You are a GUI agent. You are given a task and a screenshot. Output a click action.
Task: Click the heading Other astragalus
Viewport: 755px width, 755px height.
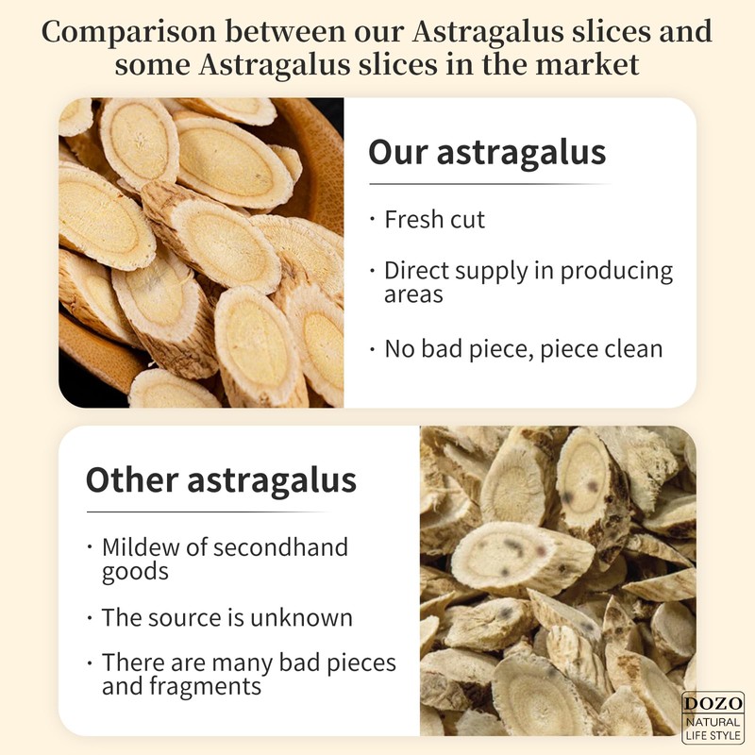[x=221, y=480]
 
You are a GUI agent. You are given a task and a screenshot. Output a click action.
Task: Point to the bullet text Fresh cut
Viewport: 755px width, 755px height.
[x=434, y=220]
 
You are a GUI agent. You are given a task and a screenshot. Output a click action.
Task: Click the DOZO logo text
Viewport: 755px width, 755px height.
[x=713, y=704]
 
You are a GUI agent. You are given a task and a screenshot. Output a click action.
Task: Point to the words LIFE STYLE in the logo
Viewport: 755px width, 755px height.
[x=713, y=733]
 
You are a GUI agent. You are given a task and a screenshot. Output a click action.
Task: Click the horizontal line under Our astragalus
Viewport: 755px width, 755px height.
[x=488, y=184]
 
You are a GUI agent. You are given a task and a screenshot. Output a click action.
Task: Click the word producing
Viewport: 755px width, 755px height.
[x=614, y=272]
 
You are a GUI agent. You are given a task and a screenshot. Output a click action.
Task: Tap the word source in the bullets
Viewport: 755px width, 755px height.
[x=184, y=618]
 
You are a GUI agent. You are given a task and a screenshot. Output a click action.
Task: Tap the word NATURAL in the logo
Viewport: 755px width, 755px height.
[x=713, y=720]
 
